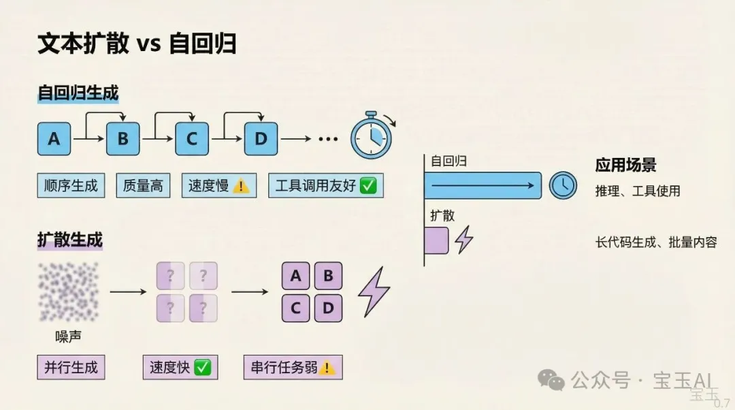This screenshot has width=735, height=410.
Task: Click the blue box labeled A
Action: pos(54,139)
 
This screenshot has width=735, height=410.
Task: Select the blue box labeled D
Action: pos(261,139)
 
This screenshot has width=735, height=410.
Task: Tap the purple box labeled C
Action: pos(295,309)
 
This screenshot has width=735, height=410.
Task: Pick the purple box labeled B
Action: pos(328,276)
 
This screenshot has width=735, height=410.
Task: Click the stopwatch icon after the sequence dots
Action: pos(372,136)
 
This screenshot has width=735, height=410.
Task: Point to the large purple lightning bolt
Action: pos(374,291)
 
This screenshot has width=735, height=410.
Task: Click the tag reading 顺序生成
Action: pos(71,185)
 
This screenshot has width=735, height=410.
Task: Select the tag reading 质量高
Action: pos(143,185)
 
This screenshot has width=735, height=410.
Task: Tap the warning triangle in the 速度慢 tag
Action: pos(241,186)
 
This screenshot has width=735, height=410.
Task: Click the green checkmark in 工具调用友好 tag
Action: pos(368,185)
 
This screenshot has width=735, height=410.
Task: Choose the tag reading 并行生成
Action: pos(71,367)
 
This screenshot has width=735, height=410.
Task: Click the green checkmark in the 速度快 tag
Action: pos(203,367)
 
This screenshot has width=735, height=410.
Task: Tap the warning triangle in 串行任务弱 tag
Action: pos(327,367)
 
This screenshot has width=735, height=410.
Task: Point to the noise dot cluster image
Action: pos(69,291)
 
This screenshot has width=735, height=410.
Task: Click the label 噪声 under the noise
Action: pos(69,336)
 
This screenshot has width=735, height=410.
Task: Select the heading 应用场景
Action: pos(626,165)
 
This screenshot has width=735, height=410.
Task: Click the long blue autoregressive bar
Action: pos(483,185)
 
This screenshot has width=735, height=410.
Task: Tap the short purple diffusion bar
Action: pos(436,240)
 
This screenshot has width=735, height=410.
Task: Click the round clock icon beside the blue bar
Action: pos(563,185)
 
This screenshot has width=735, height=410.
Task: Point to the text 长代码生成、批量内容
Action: pos(656,242)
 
